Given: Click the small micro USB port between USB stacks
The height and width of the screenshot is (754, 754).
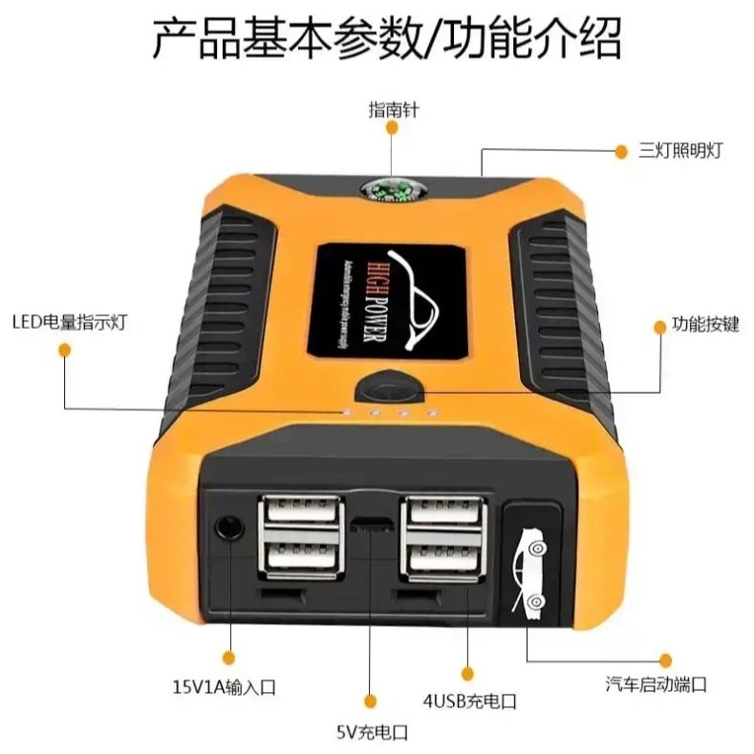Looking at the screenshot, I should (371, 525).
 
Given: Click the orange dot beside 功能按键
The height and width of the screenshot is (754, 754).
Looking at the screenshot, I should (659, 327).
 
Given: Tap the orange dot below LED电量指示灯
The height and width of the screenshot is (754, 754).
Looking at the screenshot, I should (64, 351).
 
